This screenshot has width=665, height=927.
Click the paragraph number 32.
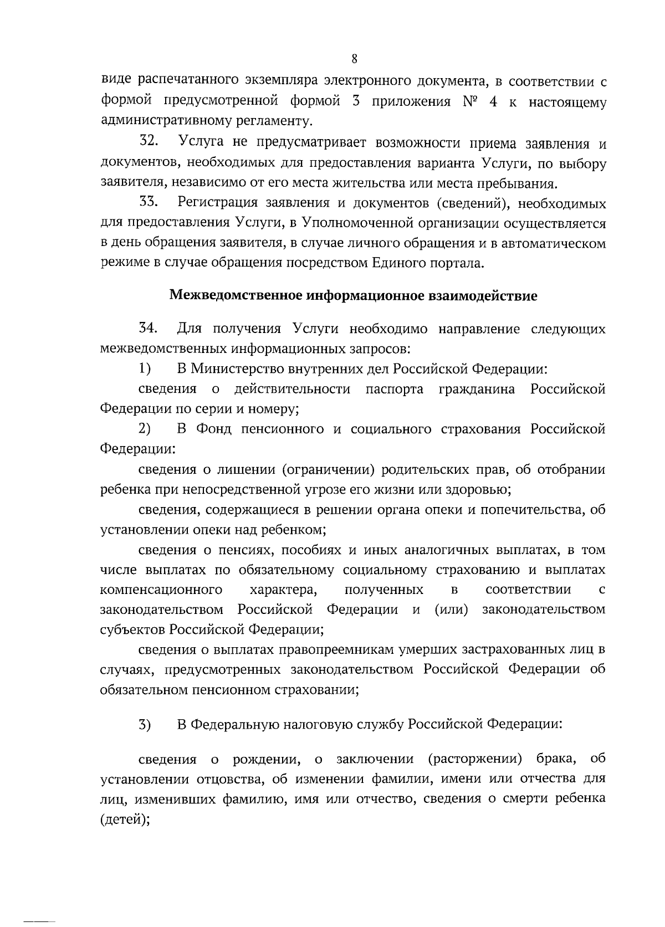pos(150,143)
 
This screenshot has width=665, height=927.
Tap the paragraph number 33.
pos(150,203)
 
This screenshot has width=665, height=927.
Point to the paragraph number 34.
pos(150,329)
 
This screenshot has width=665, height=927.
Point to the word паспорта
pos(394,389)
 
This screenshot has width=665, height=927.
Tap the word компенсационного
pos(162,589)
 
